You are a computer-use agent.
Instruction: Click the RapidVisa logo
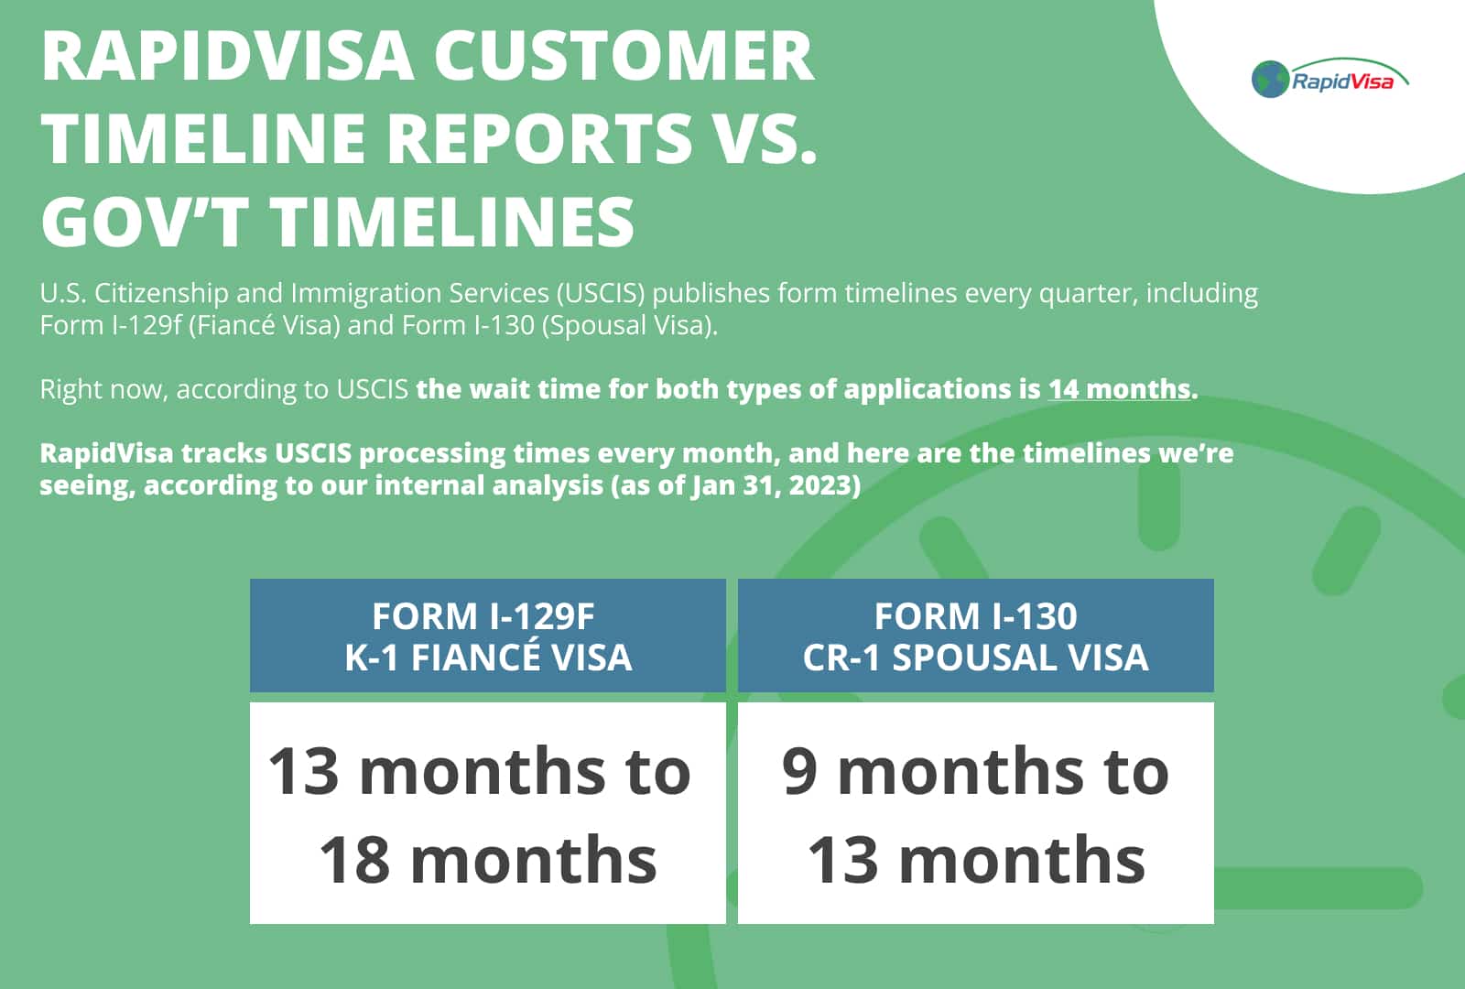1329,80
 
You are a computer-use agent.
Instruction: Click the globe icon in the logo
1270,80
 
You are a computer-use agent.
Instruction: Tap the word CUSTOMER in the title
624,57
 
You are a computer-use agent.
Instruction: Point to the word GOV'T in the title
145,222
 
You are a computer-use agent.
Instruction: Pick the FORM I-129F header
483,616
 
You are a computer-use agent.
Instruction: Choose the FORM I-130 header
975,616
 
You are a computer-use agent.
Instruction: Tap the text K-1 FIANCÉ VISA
488,658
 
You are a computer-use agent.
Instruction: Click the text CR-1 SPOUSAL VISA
975,658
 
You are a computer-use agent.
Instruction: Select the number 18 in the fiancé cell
354,860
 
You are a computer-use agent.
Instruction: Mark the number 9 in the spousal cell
799,771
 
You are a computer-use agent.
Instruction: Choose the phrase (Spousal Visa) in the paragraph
629,326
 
